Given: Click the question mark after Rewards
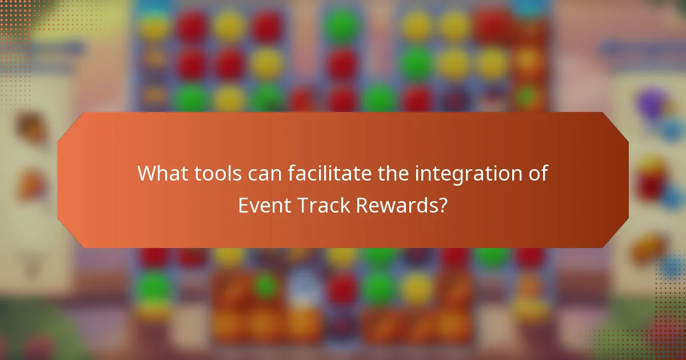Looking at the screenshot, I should [442, 205].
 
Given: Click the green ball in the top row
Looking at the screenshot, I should [342, 26].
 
